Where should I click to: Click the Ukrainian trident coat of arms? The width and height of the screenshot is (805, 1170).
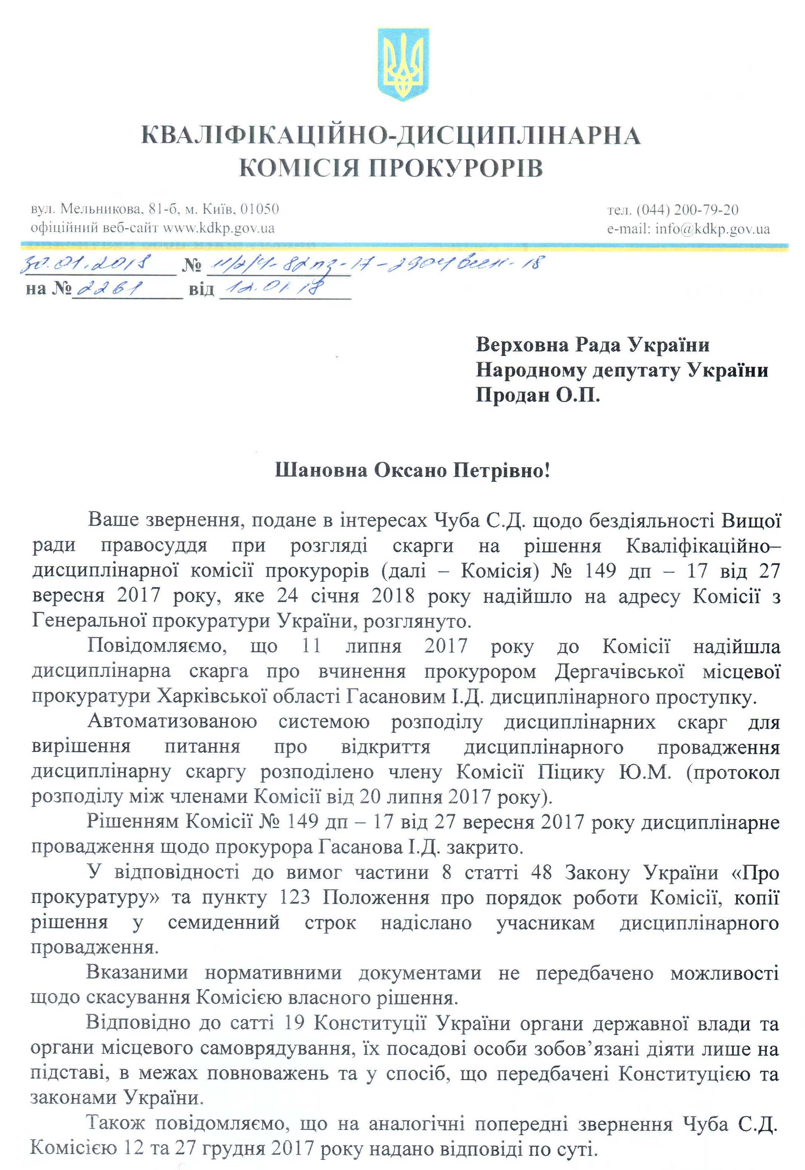click(x=403, y=64)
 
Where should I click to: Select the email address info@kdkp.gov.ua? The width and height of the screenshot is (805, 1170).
click(x=712, y=229)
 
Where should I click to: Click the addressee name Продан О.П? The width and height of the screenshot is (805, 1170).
click(x=538, y=395)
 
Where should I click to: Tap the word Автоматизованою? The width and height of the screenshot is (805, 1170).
click(x=172, y=722)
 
